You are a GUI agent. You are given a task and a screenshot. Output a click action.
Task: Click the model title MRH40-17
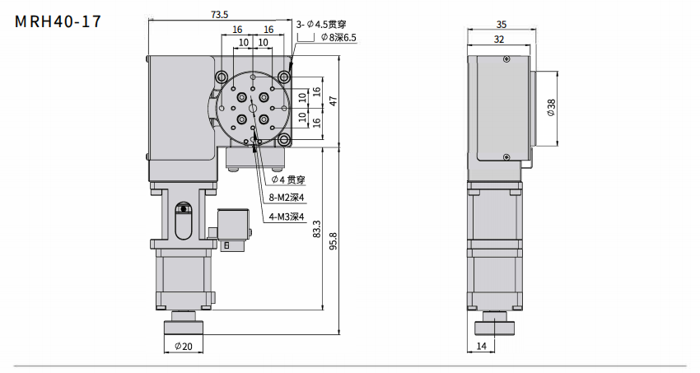(x=58, y=22)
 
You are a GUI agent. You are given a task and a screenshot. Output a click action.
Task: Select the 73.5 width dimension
(x=219, y=14)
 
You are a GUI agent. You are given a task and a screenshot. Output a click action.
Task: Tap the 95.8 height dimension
(x=332, y=244)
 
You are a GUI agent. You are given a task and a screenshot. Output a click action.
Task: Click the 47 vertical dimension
(x=334, y=100)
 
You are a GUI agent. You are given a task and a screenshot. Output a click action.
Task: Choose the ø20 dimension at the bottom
(x=184, y=347)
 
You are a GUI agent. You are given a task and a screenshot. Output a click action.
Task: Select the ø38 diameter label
(x=551, y=108)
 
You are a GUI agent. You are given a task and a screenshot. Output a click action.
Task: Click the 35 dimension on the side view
(x=502, y=24)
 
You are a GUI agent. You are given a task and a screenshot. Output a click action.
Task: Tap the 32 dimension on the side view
(x=498, y=39)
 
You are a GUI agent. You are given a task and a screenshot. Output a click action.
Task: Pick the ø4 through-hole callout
(x=288, y=179)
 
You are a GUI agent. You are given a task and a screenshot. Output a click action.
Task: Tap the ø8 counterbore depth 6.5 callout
(x=338, y=37)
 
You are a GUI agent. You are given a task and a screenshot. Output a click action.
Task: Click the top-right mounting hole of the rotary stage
(x=284, y=77)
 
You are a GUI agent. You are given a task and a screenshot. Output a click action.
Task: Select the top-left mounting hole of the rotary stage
(x=221, y=77)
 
